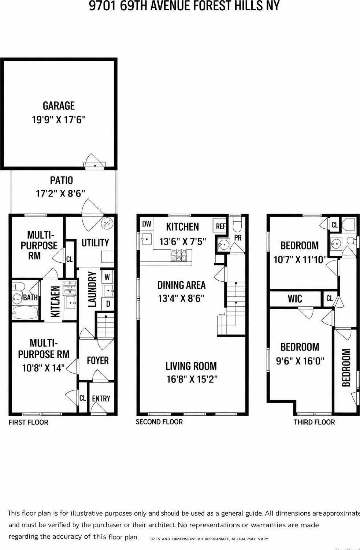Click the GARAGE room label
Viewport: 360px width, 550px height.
59,106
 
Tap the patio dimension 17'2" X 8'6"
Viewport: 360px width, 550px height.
60,193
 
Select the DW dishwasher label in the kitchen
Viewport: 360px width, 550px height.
146,224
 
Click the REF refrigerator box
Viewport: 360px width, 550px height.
220,226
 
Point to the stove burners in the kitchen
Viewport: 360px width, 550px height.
181,255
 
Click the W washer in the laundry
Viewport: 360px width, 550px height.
107,277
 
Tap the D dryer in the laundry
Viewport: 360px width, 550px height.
108,304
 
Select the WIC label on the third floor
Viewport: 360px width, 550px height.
295,299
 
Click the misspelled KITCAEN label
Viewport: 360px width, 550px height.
55,302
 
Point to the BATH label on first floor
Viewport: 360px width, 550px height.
30,298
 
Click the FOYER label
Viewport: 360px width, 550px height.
98,360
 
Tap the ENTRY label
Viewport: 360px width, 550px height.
101,399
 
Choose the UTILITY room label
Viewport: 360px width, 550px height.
95,243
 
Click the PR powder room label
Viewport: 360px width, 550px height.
238,237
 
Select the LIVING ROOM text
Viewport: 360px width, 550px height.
191,366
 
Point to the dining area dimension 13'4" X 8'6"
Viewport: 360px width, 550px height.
181,298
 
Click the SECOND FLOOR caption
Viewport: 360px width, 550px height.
159,422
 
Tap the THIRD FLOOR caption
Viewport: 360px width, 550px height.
314,422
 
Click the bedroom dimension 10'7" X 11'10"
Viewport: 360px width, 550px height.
300,259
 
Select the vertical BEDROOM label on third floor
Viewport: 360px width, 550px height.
346,367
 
